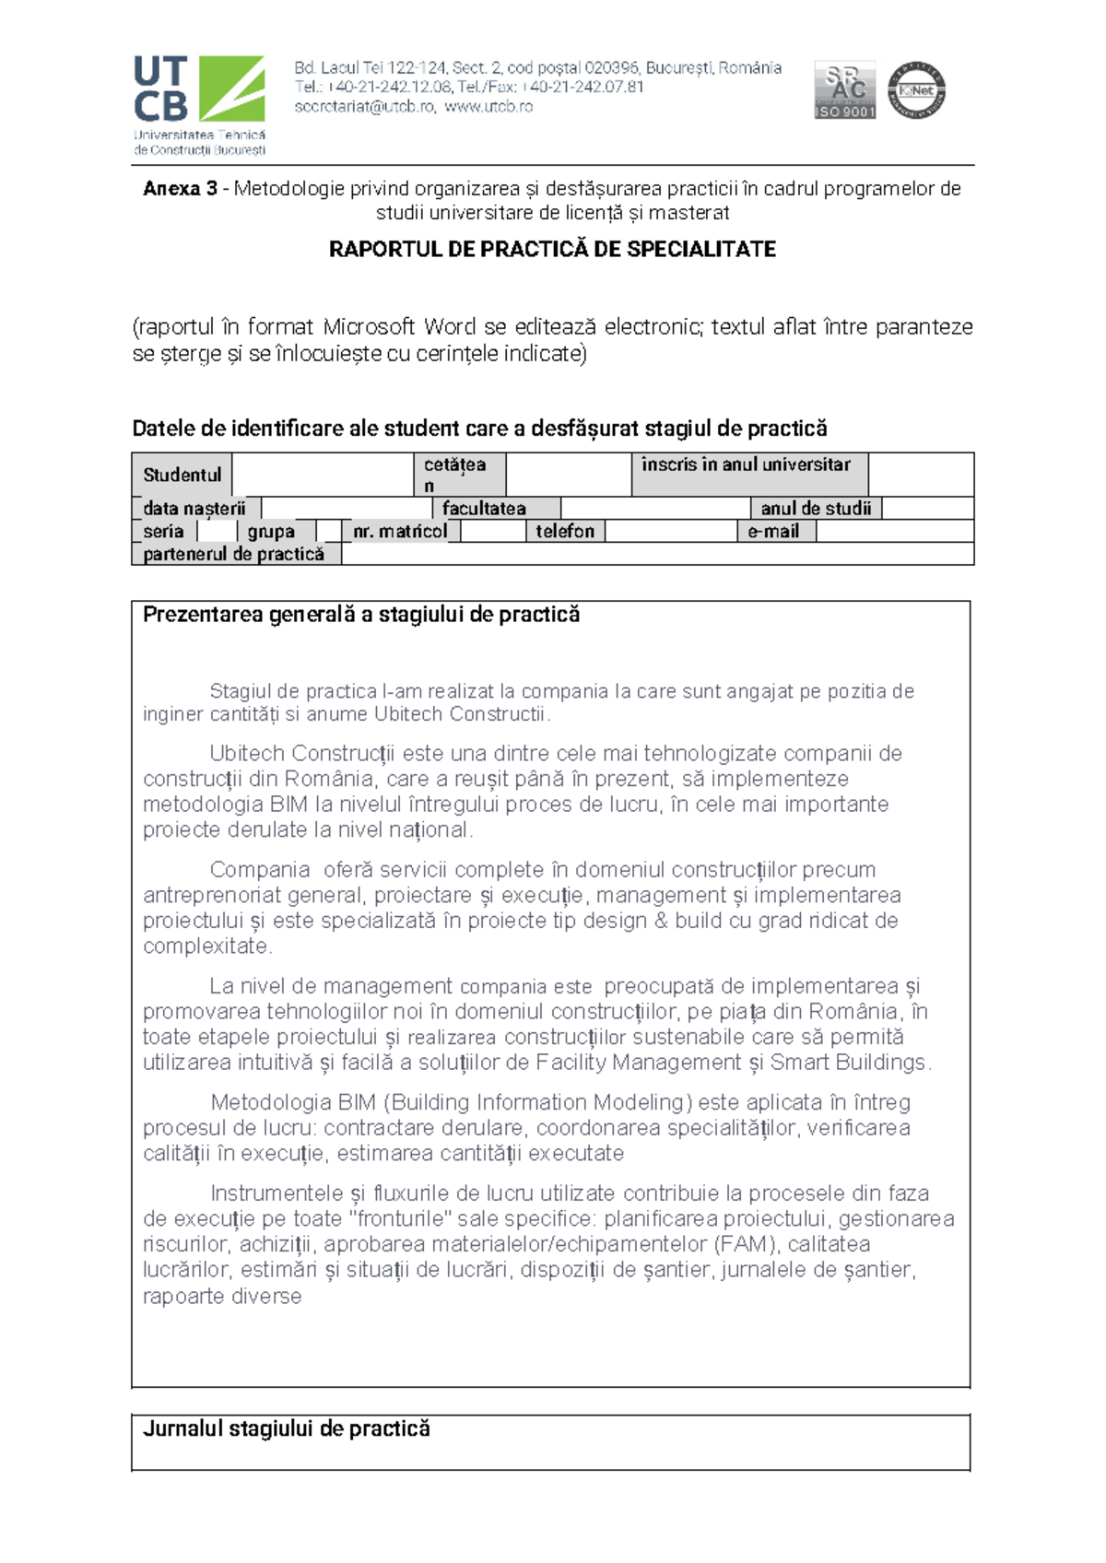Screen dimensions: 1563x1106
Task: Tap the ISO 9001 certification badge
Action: tap(844, 90)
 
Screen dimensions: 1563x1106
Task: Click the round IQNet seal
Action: tap(916, 90)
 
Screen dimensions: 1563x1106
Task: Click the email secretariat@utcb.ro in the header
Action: tap(364, 107)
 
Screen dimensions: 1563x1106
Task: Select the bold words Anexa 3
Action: tap(180, 189)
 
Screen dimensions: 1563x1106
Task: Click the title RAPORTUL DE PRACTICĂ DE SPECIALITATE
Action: tap(552, 250)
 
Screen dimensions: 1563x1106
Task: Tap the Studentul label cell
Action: tap(182, 476)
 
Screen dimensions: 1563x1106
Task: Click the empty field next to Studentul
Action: tap(322, 476)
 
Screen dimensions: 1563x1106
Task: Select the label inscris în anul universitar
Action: tap(746, 465)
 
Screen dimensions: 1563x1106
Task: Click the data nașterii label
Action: tap(194, 509)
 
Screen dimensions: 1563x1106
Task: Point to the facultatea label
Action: tap(484, 509)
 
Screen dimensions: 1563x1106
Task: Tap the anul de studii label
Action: tap(816, 509)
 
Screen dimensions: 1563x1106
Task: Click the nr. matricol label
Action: tap(400, 532)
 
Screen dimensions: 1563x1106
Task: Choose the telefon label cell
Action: tap(565, 532)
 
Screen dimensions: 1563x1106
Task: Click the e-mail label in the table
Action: tap(773, 532)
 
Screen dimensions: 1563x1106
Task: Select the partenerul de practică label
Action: tap(234, 555)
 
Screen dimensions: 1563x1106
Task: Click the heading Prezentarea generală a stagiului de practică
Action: tap(361, 616)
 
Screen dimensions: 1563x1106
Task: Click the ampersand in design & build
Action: tap(660, 921)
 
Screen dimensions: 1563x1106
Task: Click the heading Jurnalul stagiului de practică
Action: tap(287, 1429)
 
